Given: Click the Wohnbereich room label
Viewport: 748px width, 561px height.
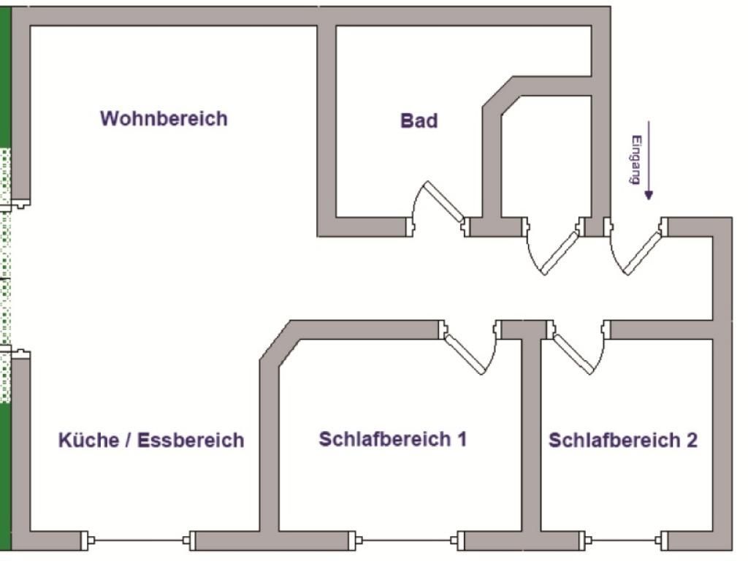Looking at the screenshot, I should coord(164,118).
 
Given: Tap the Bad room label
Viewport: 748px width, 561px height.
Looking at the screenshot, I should coord(419,121).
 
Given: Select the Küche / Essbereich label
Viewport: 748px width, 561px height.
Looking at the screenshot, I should coord(150,440).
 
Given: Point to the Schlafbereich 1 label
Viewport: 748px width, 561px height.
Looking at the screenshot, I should coord(392,439).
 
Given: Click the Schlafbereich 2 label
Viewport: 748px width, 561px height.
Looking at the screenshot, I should coord(622,440).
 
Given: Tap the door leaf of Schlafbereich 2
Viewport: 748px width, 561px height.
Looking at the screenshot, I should coord(573,354).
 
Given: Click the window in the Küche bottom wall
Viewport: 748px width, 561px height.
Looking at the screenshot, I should coord(138,541).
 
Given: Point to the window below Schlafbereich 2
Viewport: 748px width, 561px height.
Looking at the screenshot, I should coord(625,541).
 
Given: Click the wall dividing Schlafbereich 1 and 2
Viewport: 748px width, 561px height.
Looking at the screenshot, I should coord(532,438).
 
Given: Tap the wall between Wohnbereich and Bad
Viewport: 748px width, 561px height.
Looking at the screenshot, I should coord(327,124).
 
